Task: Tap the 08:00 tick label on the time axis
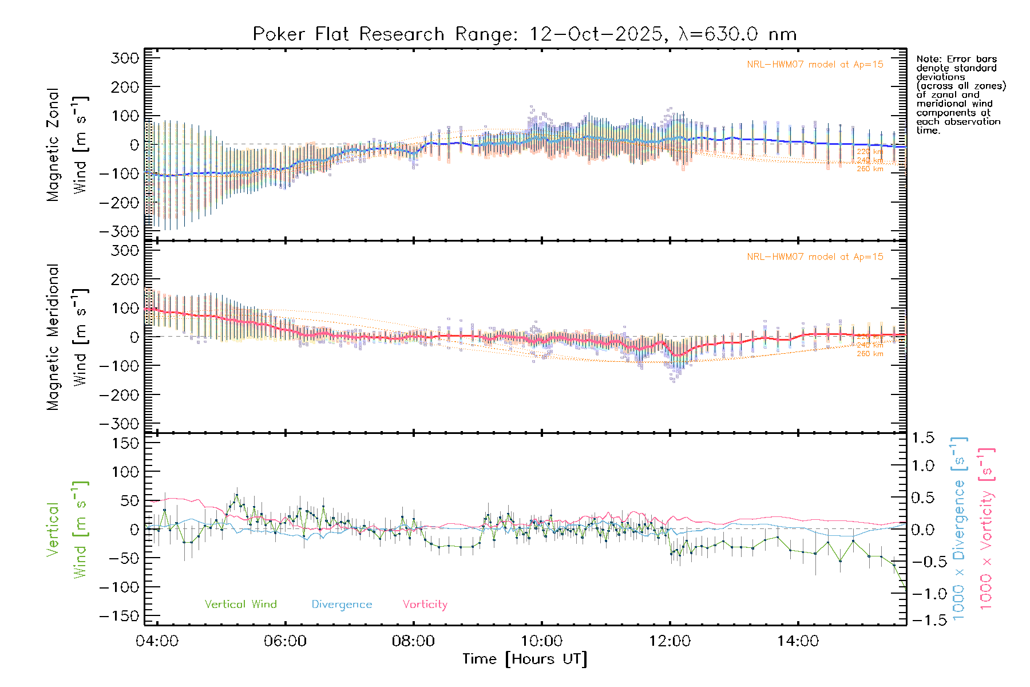[x=413, y=641]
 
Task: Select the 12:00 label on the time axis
[x=669, y=641]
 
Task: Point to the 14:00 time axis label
[x=798, y=641]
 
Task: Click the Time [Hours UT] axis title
[x=525, y=659]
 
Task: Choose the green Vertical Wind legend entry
[x=240, y=605]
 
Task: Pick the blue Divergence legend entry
[x=342, y=605]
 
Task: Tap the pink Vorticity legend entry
[x=425, y=605]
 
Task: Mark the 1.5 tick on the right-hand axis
[x=923, y=438]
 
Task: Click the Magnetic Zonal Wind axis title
[x=68, y=145]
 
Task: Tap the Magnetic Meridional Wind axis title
[x=68, y=337]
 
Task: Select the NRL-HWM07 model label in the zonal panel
[x=815, y=65]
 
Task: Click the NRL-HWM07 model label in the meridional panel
[x=815, y=257]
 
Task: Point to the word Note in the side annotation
[x=927, y=59]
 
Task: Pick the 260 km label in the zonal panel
[x=870, y=169]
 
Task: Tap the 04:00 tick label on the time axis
[x=157, y=641]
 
